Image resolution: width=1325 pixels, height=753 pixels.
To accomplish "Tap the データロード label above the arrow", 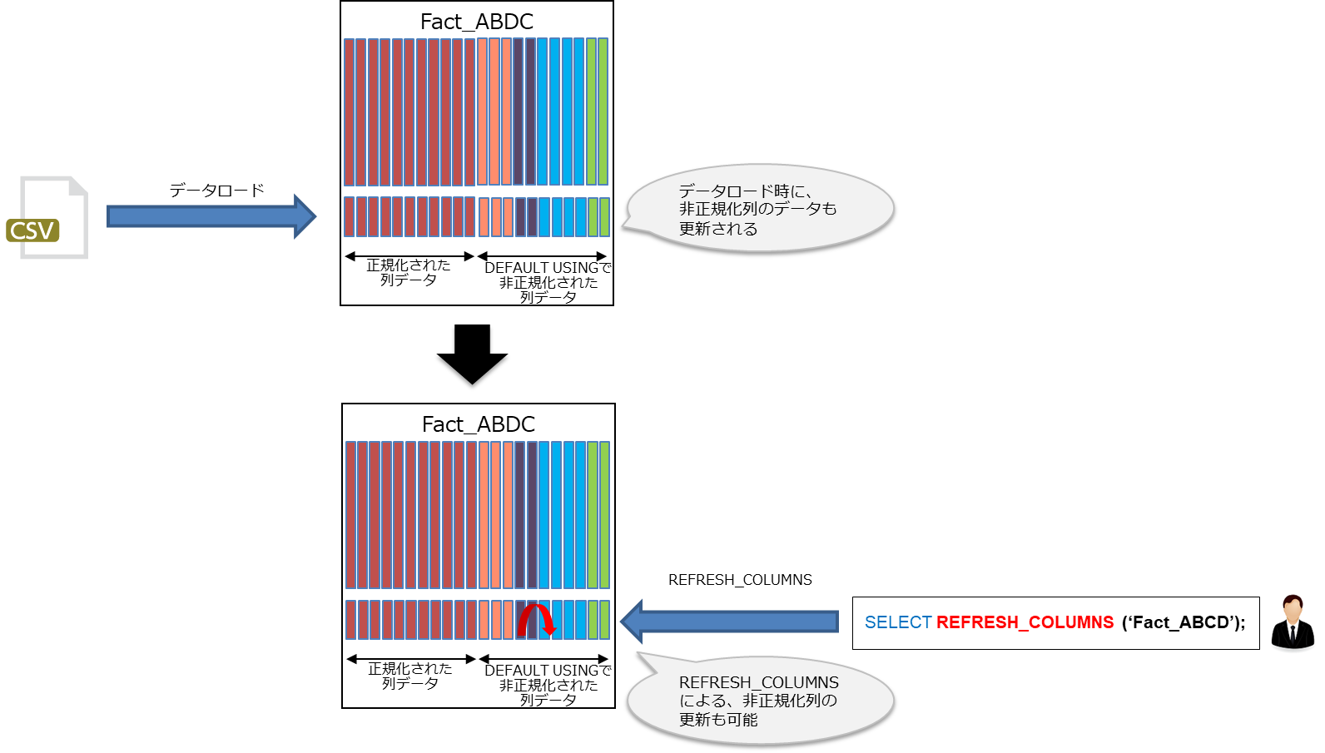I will (216, 191).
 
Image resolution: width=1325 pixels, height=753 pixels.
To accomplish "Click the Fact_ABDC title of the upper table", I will (476, 22).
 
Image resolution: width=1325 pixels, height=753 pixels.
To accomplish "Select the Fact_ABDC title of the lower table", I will (478, 424).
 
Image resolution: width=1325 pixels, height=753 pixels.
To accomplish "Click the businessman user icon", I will (1293, 622).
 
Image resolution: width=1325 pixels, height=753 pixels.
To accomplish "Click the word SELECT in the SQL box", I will (897, 622).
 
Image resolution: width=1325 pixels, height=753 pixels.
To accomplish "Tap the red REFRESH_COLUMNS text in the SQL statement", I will (1025, 622).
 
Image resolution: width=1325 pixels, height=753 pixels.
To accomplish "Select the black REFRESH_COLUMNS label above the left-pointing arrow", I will (740, 580).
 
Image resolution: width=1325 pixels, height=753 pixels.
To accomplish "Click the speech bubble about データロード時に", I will (759, 210).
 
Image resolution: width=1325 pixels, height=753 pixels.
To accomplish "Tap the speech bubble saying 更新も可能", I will (759, 701).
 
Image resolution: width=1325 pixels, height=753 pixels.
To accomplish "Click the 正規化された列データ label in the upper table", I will (408, 272).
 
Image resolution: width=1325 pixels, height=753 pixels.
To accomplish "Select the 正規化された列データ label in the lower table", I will (409, 676).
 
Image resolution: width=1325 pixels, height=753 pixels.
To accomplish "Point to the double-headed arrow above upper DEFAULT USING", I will (542, 256).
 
